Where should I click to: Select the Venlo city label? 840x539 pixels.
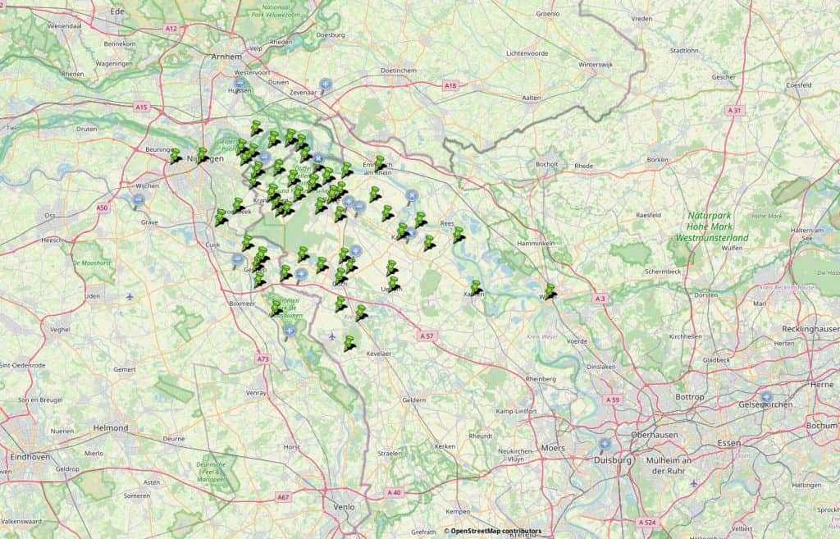click(x=344, y=506)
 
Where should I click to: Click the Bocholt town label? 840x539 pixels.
click(x=546, y=164)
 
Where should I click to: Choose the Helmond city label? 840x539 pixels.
click(x=111, y=427)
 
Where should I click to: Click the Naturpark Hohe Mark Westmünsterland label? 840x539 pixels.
click(x=711, y=226)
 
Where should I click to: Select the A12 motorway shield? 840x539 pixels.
click(x=171, y=28)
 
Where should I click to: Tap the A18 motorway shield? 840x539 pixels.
click(x=450, y=85)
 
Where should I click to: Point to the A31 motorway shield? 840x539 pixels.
click(x=735, y=110)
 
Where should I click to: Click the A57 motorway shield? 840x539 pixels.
click(x=426, y=336)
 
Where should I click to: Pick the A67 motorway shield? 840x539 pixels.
click(x=283, y=496)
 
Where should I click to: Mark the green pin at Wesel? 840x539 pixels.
click(x=550, y=289)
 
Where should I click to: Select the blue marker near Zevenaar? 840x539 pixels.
click(x=326, y=85)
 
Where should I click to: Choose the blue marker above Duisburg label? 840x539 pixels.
click(x=605, y=445)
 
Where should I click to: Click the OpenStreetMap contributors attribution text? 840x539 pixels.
click(x=493, y=531)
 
